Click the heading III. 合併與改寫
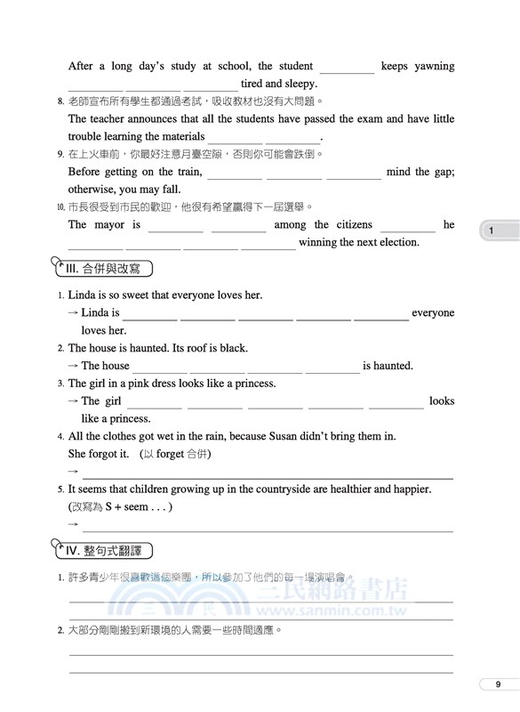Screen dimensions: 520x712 click(103, 268)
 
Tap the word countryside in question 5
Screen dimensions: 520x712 click(258, 489)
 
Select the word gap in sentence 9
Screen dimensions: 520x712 click(442, 172)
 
